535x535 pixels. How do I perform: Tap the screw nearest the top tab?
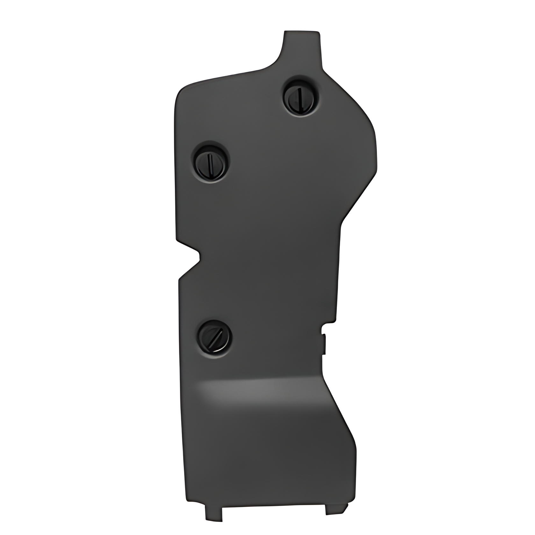click(x=300, y=96)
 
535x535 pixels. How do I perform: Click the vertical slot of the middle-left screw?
click(x=210, y=163)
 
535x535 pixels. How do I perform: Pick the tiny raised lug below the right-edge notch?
click(x=324, y=344)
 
